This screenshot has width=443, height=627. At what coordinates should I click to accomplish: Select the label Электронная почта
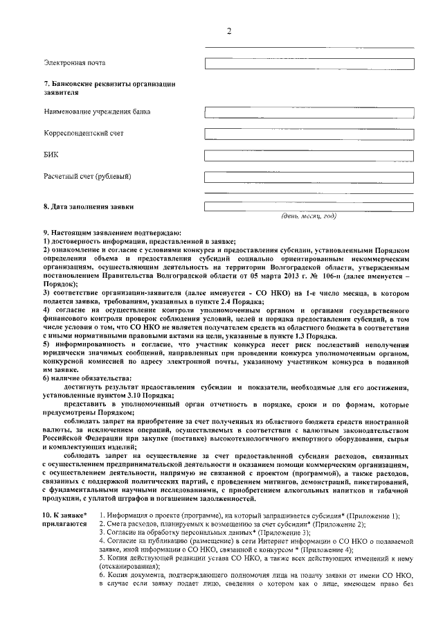(x=75, y=64)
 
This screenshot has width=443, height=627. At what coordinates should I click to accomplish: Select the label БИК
(x=51, y=155)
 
